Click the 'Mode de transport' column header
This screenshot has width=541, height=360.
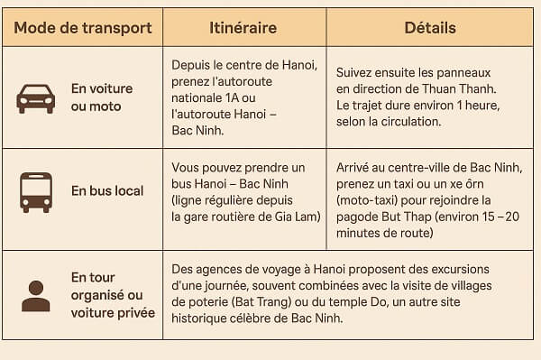pos(83,28)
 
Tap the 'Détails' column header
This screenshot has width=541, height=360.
pos(430,28)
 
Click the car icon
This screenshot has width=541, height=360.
pos(36,97)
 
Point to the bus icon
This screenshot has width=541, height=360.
pos(36,191)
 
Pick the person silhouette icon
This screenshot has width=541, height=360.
pos(36,296)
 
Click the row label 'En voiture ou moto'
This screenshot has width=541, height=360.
pos(102,97)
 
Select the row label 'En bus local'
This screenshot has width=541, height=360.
pos(102,191)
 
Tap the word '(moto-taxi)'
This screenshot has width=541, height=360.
pos(371,200)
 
